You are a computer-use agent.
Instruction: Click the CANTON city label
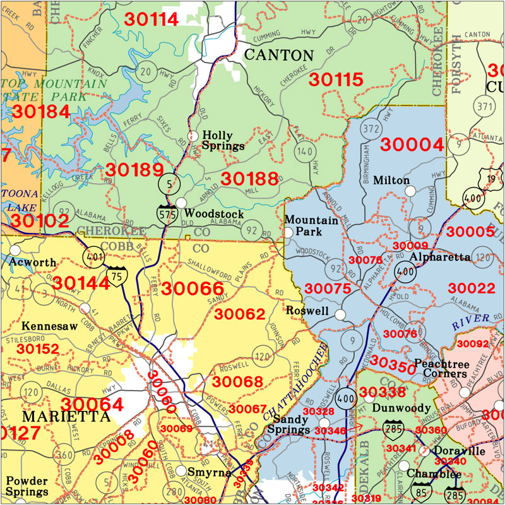pos(278,55)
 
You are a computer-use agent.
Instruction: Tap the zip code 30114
pos(151,19)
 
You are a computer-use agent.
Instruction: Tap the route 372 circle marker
pos(370,129)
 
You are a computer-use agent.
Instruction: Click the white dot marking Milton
pos(410,191)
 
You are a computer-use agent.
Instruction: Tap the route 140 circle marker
pos(306,151)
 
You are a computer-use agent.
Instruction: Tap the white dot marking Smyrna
pos(181,471)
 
